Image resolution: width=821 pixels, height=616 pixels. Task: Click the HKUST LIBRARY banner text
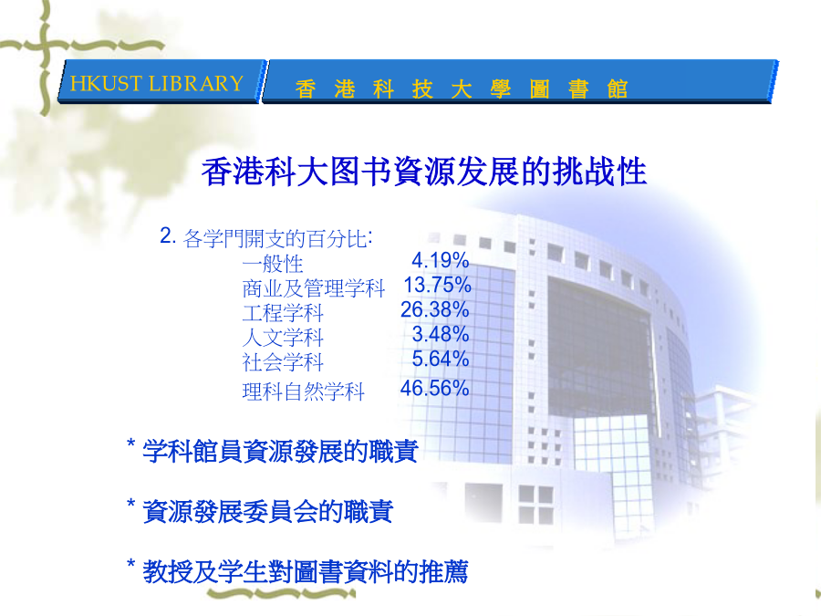(x=157, y=84)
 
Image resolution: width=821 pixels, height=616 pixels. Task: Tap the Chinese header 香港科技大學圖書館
(x=462, y=89)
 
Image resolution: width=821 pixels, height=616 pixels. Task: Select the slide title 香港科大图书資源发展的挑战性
(x=424, y=172)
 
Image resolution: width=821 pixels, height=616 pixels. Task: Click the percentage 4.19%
(x=440, y=260)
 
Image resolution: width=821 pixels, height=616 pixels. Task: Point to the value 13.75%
(x=437, y=285)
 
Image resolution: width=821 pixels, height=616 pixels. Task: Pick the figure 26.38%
(x=434, y=309)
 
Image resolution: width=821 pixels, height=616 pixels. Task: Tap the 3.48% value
(x=440, y=334)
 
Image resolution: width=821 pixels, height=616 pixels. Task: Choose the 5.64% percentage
(x=440, y=359)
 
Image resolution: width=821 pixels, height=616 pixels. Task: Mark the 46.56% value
(x=434, y=388)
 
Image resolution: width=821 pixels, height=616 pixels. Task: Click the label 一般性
(x=273, y=264)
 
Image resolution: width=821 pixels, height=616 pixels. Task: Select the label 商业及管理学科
(x=314, y=288)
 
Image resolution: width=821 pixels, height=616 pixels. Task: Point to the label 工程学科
(x=283, y=313)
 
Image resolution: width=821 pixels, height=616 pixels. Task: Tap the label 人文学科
(x=283, y=338)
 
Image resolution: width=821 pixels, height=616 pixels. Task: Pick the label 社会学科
(x=283, y=362)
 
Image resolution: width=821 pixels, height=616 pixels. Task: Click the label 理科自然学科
(x=303, y=392)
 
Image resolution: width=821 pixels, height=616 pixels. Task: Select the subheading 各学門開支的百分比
(x=277, y=239)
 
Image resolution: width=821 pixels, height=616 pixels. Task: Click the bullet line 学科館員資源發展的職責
(x=280, y=451)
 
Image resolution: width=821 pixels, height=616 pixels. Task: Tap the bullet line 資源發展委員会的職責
(x=267, y=511)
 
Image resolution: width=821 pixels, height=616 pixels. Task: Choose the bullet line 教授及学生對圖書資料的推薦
(x=306, y=571)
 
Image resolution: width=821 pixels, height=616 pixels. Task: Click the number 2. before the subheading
(x=168, y=235)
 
